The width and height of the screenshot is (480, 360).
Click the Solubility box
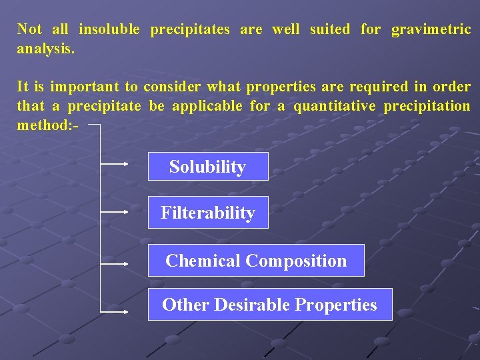coord(207,167)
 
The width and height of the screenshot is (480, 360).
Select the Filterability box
coord(207,213)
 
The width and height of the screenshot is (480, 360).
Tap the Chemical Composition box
coord(256,261)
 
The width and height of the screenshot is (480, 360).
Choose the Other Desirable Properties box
coord(269,305)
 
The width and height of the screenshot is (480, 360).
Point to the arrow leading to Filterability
coord(115,211)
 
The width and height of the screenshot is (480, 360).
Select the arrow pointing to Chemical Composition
coord(115,263)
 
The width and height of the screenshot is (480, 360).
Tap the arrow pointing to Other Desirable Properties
coord(115,311)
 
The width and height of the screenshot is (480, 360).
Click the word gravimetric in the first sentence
coord(431,29)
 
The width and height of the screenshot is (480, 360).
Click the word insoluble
coord(109,29)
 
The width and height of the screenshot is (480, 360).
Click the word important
coord(85,87)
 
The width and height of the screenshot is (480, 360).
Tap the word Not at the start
coord(29,29)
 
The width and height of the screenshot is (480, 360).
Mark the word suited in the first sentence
coord(329,29)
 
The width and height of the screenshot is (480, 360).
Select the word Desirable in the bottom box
coord(253,305)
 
